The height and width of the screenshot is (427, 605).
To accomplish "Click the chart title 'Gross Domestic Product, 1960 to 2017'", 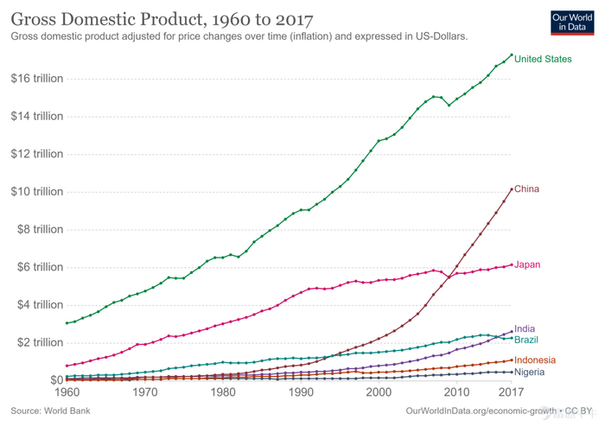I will (162, 18).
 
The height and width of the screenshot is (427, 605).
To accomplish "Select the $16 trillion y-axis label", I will (37, 79).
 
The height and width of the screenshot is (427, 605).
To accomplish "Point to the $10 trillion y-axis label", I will (37, 192).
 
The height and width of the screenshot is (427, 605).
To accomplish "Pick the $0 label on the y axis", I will (55, 379).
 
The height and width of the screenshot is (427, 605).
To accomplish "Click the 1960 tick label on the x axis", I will (67, 392).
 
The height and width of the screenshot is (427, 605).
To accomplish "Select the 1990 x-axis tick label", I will (301, 392).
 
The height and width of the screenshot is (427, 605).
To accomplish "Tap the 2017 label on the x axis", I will (512, 392).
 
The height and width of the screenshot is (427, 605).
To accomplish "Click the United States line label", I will (543, 59).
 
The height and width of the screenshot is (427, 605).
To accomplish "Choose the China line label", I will (527, 189).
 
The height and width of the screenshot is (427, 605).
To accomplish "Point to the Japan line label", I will (527, 264).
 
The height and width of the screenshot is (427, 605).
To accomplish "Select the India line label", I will (525, 329).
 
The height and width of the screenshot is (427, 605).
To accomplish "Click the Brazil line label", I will (526, 340).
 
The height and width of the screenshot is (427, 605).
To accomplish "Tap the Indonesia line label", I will (535, 360).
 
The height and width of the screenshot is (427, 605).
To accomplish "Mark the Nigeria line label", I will (530, 372).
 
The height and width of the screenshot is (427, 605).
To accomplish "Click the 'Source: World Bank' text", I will (50, 411).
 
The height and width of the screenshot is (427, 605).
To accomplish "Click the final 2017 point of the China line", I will (512, 189).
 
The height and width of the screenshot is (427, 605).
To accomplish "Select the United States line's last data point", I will (512, 55).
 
